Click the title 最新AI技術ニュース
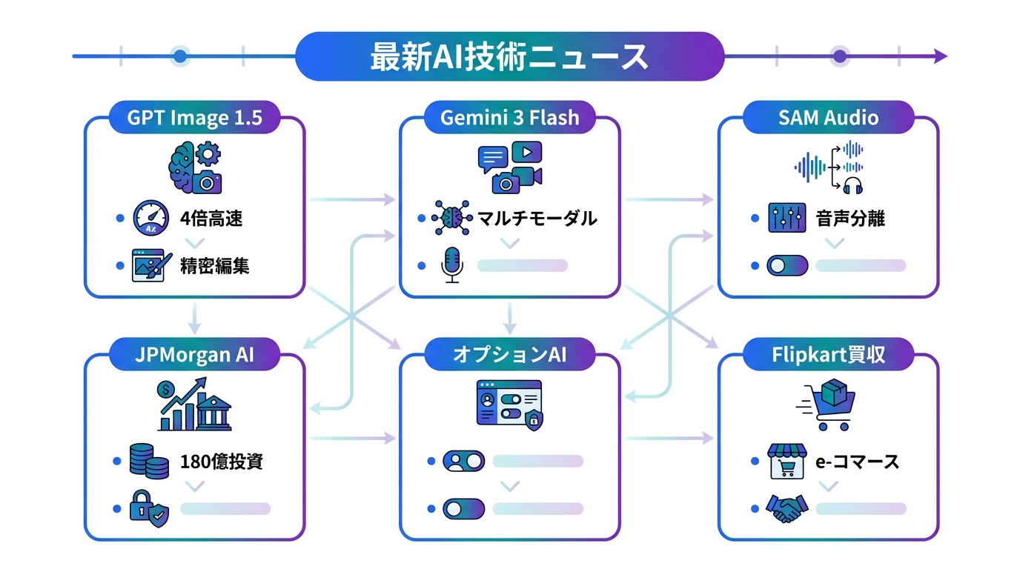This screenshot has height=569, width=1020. click(509, 56)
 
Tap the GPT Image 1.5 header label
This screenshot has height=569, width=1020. click(195, 118)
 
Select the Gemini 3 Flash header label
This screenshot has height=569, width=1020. click(510, 118)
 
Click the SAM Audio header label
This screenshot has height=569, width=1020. click(828, 118)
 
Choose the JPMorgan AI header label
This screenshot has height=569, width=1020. click(195, 354)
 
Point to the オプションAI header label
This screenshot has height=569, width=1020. click(510, 354)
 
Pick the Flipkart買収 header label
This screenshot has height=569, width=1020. click(828, 354)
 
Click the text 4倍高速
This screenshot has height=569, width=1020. click(211, 219)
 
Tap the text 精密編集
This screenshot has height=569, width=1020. click(214, 265)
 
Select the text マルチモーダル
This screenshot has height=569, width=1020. click(537, 219)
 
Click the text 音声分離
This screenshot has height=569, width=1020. click(850, 219)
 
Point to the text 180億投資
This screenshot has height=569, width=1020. click(222, 462)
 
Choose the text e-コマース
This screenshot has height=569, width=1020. click(857, 462)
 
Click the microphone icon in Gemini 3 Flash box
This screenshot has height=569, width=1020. click(451, 265)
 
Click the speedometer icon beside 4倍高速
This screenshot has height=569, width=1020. click(151, 219)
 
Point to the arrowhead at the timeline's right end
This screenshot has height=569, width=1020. click(940, 56)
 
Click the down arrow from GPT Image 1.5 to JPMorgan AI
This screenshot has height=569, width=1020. click(195, 319)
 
